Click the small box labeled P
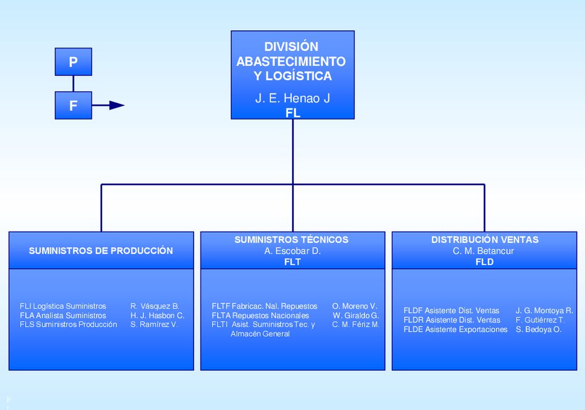pyautogui.click(x=74, y=62)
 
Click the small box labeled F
pyautogui.click(x=74, y=105)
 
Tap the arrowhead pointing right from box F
pyautogui.click(x=117, y=105)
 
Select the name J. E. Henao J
pyautogui.click(x=292, y=98)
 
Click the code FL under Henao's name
pyautogui.click(x=293, y=113)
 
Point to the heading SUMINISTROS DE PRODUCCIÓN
pyautogui.click(x=101, y=250)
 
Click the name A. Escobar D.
pyautogui.click(x=292, y=251)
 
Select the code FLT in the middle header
pyautogui.click(x=292, y=262)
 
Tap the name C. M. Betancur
pyautogui.click(x=483, y=251)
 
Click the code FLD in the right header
pyautogui.click(x=484, y=262)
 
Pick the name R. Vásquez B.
pyautogui.click(x=155, y=306)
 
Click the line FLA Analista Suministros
pyautogui.click(x=63, y=316)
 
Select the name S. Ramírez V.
pyautogui.click(x=154, y=324)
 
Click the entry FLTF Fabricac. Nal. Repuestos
pyautogui.click(x=265, y=306)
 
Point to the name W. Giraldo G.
pyautogui.click(x=356, y=316)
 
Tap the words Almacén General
pyautogui.click(x=260, y=334)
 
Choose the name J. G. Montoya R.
pyautogui.click(x=544, y=311)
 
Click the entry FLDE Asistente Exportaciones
pyautogui.click(x=455, y=329)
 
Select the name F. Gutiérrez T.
pyautogui.click(x=540, y=320)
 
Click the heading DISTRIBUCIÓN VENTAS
pyautogui.click(x=484, y=240)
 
